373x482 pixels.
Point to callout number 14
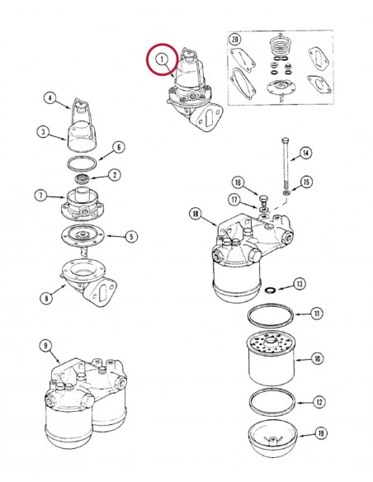pos(306,152)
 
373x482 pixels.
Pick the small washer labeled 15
pos(286,196)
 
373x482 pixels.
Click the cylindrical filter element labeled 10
pos(270,360)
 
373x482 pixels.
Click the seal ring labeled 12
pos(270,403)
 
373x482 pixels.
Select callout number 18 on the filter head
pos(196,215)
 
